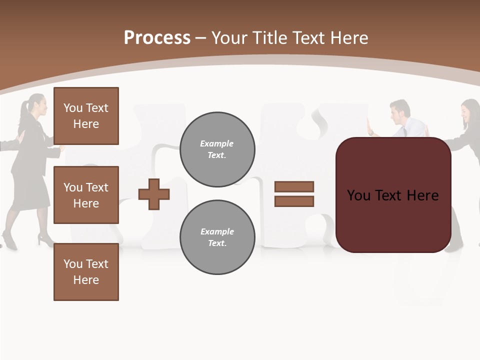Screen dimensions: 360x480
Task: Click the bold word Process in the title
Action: pyautogui.click(x=157, y=37)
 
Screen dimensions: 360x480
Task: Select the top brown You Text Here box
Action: pyautogui.click(x=86, y=116)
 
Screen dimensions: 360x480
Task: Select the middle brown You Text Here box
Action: pyautogui.click(x=86, y=195)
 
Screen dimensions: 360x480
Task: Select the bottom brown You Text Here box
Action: pyautogui.click(x=86, y=272)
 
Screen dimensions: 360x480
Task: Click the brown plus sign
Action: pyautogui.click(x=154, y=194)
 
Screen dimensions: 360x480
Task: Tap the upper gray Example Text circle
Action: pyautogui.click(x=217, y=149)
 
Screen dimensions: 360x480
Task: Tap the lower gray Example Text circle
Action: pyautogui.click(x=217, y=237)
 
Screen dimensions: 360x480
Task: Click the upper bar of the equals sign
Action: pyautogui.click(x=294, y=186)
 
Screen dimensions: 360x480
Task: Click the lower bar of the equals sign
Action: pyautogui.click(x=294, y=201)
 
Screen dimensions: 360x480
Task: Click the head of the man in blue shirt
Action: pyautogui.click(x=400, y=111)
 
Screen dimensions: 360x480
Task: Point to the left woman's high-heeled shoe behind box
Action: pyautogui.click(x=45, y=241)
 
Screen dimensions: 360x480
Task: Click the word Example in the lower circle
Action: pyautogui.click(x=217, y=231)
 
